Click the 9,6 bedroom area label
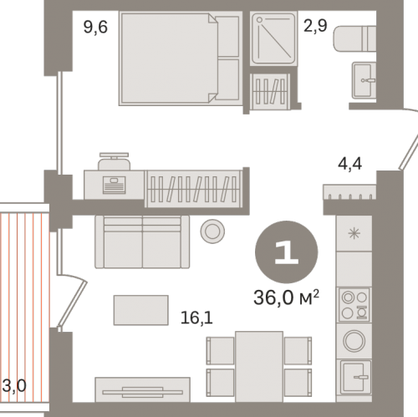95,28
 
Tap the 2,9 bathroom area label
315,26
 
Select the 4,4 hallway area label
349,164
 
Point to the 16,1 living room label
196,318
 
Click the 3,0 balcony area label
14,386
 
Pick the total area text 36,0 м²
286,297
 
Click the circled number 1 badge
286,252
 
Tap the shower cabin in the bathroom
273,38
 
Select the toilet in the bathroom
354,38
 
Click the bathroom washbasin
364,80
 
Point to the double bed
181,58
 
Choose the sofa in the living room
142,242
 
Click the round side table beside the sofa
212,231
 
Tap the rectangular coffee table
141,310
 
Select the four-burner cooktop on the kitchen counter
354,305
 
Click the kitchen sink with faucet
354,377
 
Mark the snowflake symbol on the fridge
354,233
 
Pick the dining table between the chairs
259,366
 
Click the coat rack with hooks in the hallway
349,192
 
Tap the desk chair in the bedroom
114,161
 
